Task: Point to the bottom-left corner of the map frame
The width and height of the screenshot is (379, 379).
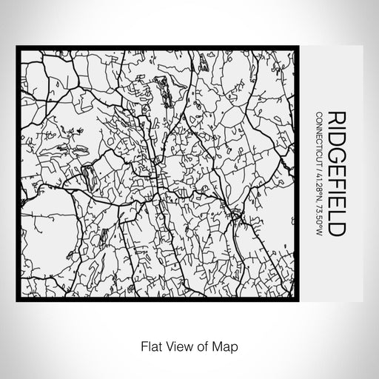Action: point(17,300)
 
